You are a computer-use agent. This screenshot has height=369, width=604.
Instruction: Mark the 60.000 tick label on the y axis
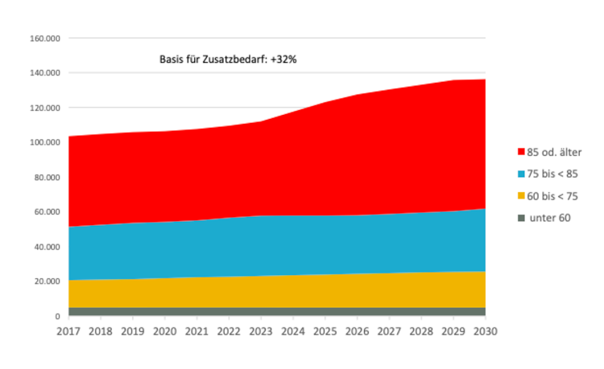pos(47,212)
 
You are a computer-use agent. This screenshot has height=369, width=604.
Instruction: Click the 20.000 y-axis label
pos(47,281)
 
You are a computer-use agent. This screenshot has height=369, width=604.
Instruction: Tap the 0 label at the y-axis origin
pos(58,316)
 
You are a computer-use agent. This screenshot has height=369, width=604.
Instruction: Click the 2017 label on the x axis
pos(69,330)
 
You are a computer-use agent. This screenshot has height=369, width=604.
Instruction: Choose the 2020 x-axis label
pos(165,330)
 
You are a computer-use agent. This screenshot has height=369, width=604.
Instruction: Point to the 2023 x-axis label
pos(261,330)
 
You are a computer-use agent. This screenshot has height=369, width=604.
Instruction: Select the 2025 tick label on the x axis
pos(325,330)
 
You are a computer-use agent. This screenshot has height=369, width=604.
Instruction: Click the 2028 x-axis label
pos(421,330)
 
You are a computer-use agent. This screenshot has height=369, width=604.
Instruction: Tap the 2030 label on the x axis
pos(485,330)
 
